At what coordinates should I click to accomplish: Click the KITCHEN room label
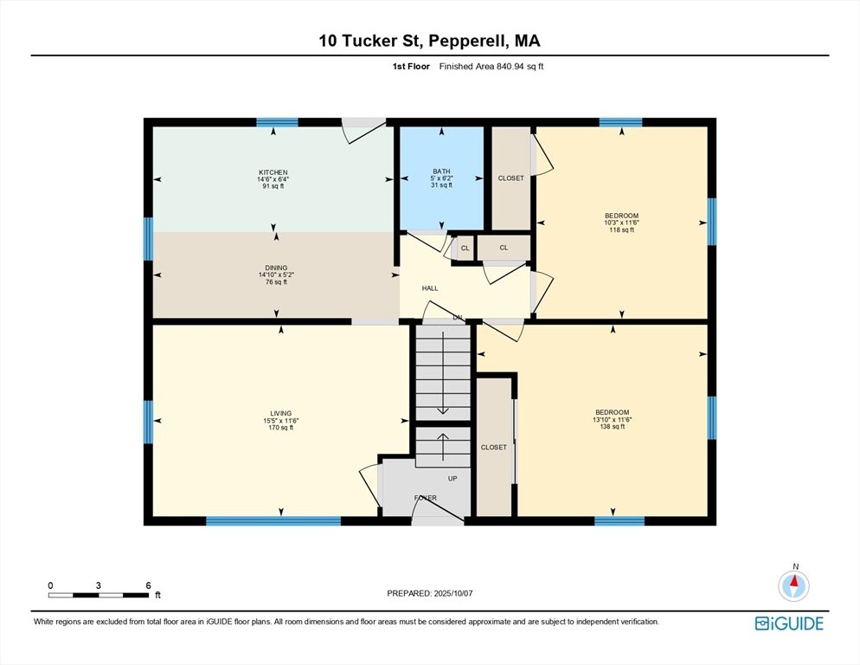click(x=273, y=172)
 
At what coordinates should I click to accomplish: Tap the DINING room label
click(x=276, y=268)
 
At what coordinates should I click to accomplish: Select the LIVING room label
click(x=280, y=413)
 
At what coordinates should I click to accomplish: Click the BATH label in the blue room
click(x=442, y=171)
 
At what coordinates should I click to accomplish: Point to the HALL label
click(x=430, y=288)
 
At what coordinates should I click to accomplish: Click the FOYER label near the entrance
click(x=425, y=498)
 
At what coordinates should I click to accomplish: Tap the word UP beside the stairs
click(x=452, y=478)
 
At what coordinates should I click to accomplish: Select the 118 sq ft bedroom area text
click(x=620, y=230)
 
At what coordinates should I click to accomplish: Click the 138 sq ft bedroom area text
click(x=612, y=427)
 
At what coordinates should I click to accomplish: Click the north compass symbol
click(x=794, y=585)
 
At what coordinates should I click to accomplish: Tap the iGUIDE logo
click(x=789, y=623)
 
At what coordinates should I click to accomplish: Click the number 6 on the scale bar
click(x=148, y=585)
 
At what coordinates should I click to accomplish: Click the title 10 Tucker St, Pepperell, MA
click(x=430, y=41)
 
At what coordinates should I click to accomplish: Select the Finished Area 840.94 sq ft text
click(x=491, y=67)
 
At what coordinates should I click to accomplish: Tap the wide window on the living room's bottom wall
click(x=273, y=521)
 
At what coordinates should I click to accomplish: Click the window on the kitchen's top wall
click(x=277, y=122)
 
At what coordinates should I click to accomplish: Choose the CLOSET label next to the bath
click(x=510, y=178)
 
